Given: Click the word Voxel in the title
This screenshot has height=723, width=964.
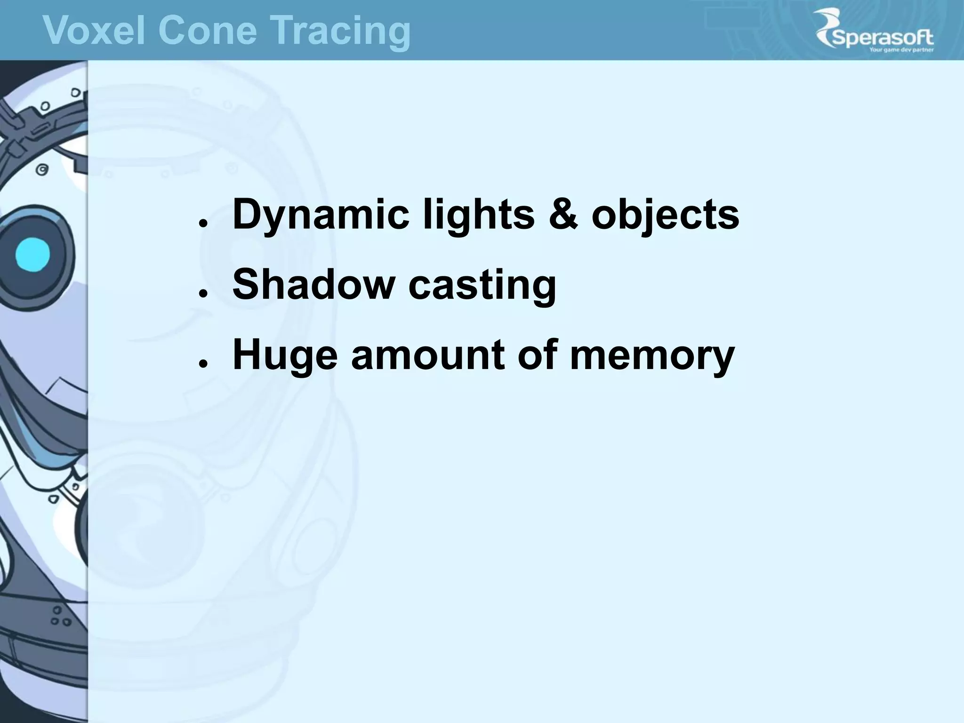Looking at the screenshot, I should [x=94, y=30].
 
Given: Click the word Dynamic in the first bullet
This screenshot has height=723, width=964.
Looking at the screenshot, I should [x=321, y=215].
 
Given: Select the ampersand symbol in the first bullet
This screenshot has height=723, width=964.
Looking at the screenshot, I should [x=563, y=214].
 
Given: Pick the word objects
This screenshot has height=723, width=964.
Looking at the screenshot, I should [x=665, y=215].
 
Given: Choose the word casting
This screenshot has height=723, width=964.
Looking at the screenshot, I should [x=482, y=285].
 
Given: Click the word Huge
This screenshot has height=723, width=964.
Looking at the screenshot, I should [x=285, y=355].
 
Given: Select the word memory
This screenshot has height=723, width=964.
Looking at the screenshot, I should [x=652, y=355].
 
